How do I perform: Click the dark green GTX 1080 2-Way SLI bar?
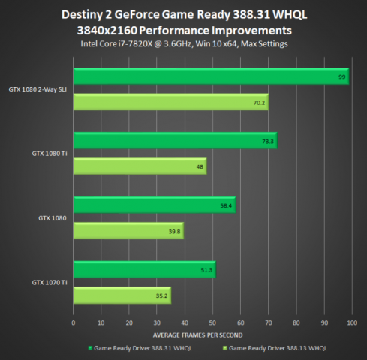pos(210,76)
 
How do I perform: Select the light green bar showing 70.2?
pos(170,103)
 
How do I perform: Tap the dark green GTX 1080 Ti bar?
pos(175,140)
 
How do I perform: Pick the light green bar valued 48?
pos(140,166)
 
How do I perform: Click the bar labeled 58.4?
pos(154,205)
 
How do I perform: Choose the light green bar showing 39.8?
pos(128,231)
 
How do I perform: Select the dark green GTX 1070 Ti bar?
pos(144,269)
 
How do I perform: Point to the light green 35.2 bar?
pos(122,295)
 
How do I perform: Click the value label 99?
pos(341,76)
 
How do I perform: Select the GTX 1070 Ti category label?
pos(50,282)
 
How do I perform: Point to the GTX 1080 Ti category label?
pos(47,154)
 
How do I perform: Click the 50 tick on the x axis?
pos(212,322)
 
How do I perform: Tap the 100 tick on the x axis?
pos(352,322)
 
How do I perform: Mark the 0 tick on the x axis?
pos(73,322)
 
